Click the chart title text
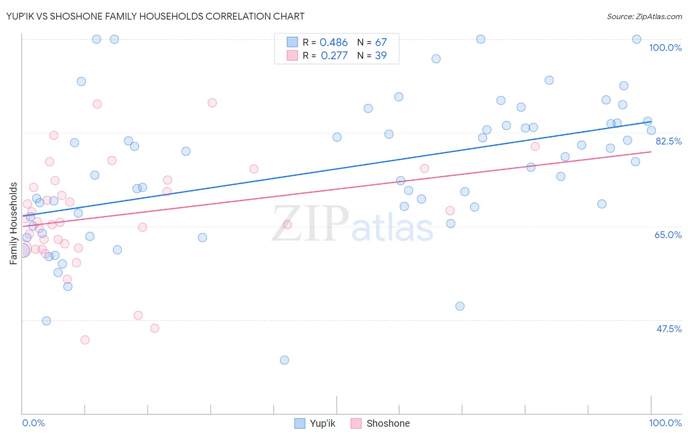coord(155,16)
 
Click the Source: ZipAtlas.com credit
coord(644,16)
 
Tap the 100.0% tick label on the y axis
coord(665,48)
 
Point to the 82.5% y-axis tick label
coord(668,141)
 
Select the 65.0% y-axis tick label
coord(668,235)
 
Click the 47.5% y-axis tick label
coord(668,329)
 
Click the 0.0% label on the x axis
coord(34,423)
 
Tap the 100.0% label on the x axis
coord(665,423)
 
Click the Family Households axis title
coord(14,223)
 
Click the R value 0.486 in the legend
coord(334,43)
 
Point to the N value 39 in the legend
coord(381,55)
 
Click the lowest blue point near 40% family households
coord(284,360)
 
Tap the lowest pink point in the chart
coord(85,340)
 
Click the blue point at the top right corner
coord(637,39)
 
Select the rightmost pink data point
coord(535,146)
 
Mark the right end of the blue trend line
coord(651,121)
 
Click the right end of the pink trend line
coord(651,152)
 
